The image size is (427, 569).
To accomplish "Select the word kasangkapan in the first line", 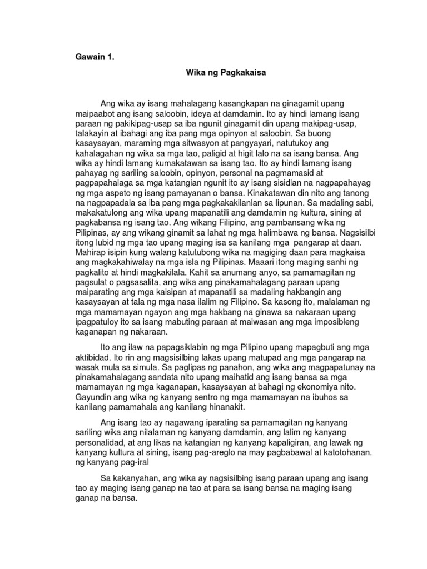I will [210, 104].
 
